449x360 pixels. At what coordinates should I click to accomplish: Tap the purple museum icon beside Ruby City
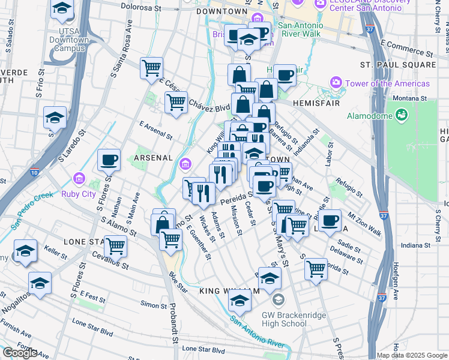pos(79,179)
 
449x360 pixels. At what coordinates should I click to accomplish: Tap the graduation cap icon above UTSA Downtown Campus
pos(62,10)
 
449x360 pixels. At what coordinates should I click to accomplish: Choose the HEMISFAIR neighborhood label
pos(316,103)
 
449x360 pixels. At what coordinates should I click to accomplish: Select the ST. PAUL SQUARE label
pos(398,64)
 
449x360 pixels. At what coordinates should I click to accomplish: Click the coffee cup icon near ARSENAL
pos(109,160)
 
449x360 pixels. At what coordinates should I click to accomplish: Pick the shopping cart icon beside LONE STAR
pos(115,246)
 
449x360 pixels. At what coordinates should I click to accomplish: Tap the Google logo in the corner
pos(19,353)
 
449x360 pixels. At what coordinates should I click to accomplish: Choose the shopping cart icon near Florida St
pos(316,269)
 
